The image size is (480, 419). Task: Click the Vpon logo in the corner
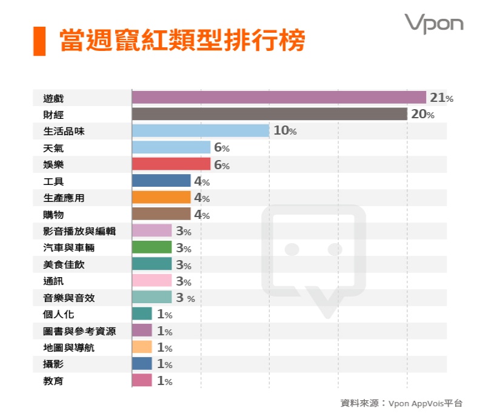click(x=433, y=24)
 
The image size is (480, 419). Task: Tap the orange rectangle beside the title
click(x=39, y=41)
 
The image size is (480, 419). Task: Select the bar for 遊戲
click(x=279, y=98)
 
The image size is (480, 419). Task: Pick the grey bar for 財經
click(x=269, y=114)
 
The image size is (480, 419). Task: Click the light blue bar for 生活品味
click(x=200, y=131)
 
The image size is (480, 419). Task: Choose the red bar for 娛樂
click(x=171, y=164)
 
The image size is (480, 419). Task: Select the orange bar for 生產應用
click(x=161, y=198)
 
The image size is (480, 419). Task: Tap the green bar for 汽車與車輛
click(x=152, y=247)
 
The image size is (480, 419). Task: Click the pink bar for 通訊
click(x=152, y=281)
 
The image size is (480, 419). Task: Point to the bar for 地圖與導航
click(x=142, y=347)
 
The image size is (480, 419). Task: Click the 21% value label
click(x=441, y=98)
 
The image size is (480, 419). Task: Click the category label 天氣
click(x=53, y=148)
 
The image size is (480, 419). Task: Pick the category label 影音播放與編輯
click(x=79, y=231)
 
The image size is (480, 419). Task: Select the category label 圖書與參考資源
click(x=79, y=331)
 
